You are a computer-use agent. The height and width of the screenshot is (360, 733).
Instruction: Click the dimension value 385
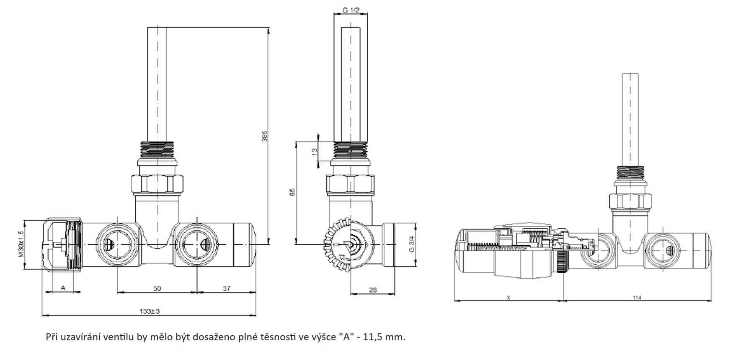(265, 137)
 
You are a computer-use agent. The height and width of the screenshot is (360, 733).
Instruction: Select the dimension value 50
(157, 288)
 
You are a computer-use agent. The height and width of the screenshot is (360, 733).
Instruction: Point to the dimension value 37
(227, 288)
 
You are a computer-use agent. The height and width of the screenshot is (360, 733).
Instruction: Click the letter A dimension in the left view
(63, 288)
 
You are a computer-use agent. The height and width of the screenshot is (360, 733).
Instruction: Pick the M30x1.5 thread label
(21, 244)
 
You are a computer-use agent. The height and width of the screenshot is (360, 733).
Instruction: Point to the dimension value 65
(293, 192)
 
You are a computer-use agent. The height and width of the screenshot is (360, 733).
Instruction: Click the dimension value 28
(373, 290)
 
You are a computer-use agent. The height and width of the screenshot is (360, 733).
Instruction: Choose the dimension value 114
(637, 298)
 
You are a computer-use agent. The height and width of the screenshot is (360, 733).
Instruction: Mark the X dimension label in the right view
(508, 298)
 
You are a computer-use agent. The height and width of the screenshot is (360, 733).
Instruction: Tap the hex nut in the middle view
(350, 184)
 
